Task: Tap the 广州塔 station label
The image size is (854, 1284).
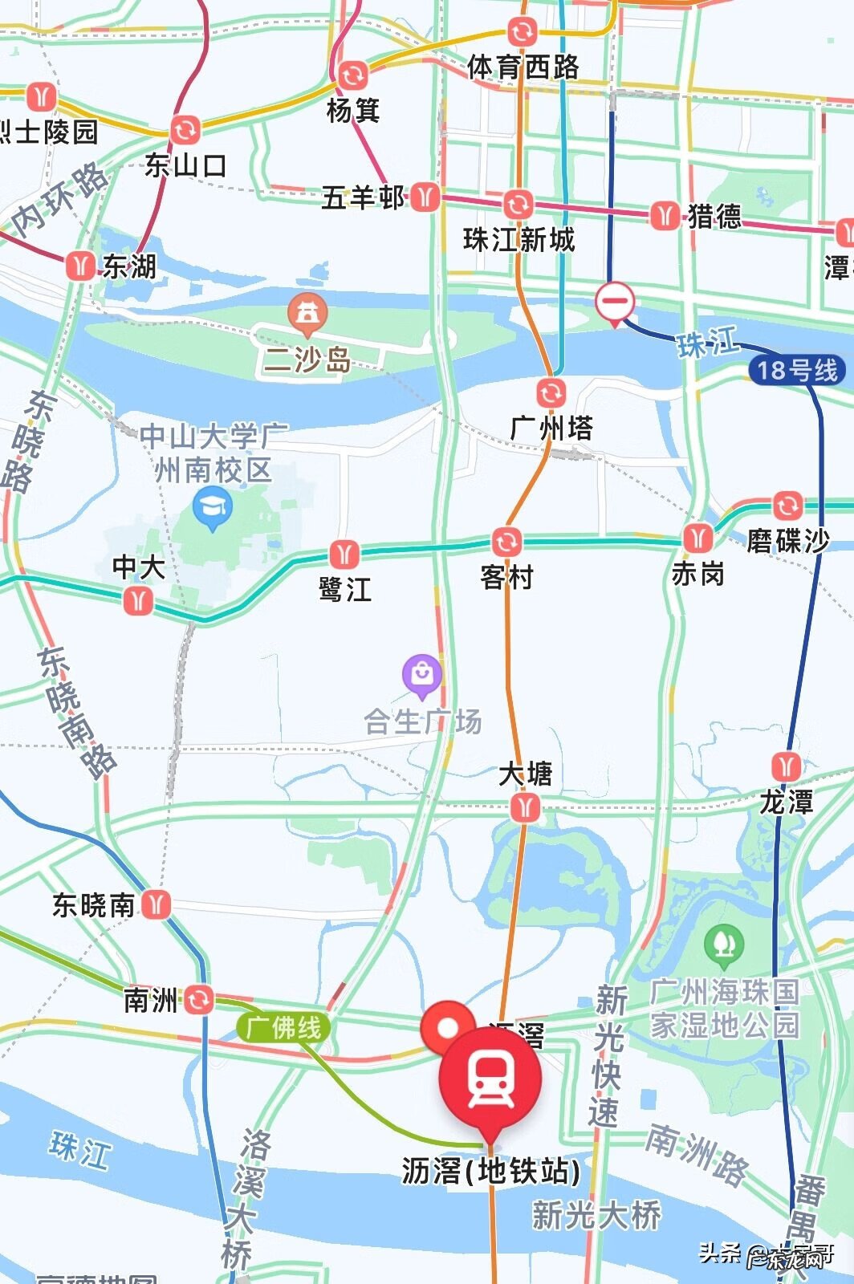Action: pyautogui.click(x=552, y=428)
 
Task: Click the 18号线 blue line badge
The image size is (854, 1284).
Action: pyautogui.click(x=797, y=370)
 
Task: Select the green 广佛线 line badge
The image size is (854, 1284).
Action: pyautogui.click(x=283, y=1027)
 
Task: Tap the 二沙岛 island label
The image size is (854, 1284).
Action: pyautogui.click(x=307, y=359)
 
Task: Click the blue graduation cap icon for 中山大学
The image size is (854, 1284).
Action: pyautogui.click(x=213, y=507)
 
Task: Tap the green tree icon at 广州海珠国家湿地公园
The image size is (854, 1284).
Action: pyautogui.click(x=723, y=945)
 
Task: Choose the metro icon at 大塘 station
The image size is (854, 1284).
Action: pyautogui.click(x=525, y=807)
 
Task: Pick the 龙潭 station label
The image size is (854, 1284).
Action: pyautogui.click(x=787, y=801)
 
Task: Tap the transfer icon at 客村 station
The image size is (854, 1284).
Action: pyautogui.click(x=506, y=542)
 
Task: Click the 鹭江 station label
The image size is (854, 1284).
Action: pyautogui.click(x=345, y=590)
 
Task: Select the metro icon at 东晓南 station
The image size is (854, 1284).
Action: pyautogui.click(x=157, y=905)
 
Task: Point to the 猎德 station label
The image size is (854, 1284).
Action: pyautogui.click(x=714, y=216)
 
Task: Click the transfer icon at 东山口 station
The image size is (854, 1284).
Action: pyautogui.click(x=185, y=130)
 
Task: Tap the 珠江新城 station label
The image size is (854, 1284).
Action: pyautogui.click(x=519, y=239)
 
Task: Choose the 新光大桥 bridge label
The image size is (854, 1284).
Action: pyautogui.click(x=596, y=1214)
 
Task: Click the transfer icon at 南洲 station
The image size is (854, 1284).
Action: pyautogui.click(x=200, y=999)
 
